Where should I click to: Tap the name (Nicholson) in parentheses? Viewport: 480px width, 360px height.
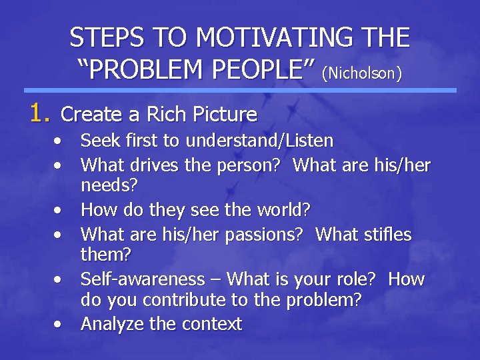(x=362, y=72)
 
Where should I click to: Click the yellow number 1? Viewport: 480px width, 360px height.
(x=37, y=113)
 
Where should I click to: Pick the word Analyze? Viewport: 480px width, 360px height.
(x=111, y=325)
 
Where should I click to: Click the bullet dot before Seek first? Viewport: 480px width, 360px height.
(x=60, y=142)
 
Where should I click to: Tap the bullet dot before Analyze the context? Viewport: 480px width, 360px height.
(x=60, y=325)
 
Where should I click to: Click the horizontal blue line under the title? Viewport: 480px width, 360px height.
(x=240, y=90)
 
